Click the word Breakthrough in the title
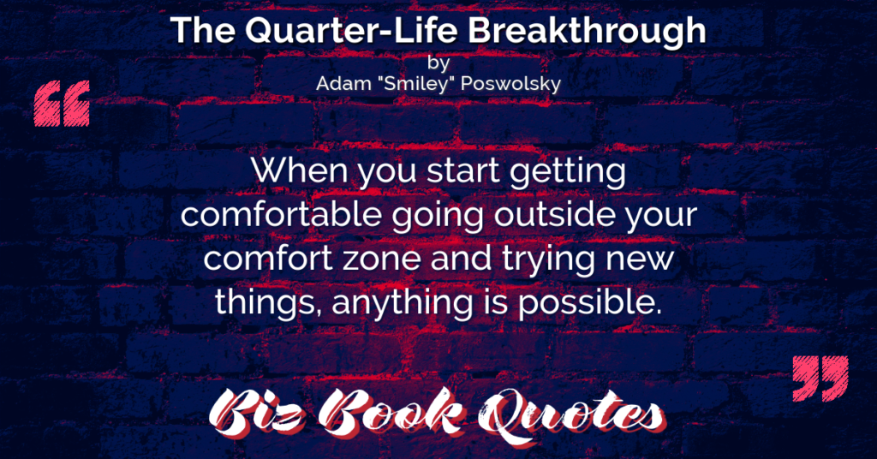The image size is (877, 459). click(588, 32)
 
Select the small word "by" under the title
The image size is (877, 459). click(438, 63)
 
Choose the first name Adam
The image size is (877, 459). click(343, 83)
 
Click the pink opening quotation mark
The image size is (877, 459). click(62, 104)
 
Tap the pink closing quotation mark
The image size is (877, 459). click(820, 378)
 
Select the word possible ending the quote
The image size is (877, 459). click(589, 305)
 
